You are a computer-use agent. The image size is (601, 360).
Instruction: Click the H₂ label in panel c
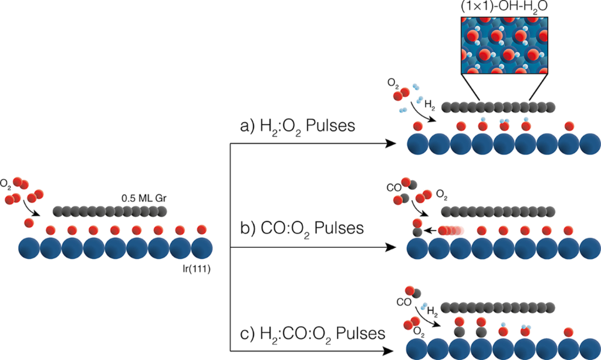(433, 309)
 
